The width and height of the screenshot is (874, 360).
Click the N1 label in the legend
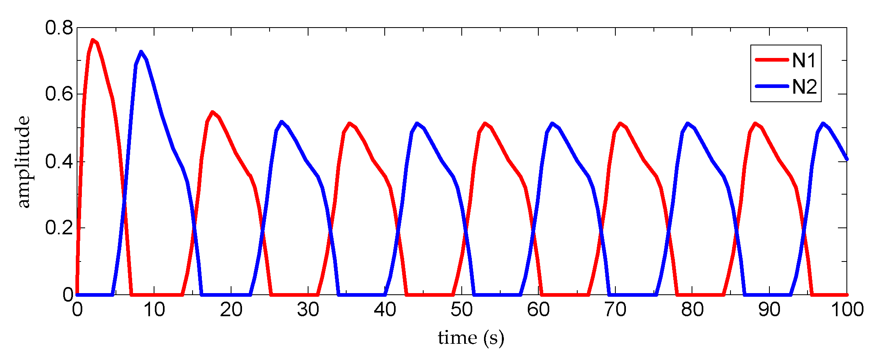point(804,61)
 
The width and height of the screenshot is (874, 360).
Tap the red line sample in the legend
point(772,60)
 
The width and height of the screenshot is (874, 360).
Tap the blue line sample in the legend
point(772,86)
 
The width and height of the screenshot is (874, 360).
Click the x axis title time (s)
point(471,338)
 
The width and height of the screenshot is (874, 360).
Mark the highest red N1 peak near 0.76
point(93,40)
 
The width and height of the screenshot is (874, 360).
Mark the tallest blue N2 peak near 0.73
point(141,52)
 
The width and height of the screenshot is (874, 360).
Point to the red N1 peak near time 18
point(212,112)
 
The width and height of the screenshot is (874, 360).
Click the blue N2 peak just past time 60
point(552,123)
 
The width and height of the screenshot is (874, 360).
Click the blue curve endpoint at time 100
point(846,159)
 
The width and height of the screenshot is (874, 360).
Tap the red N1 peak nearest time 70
point(620,123)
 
